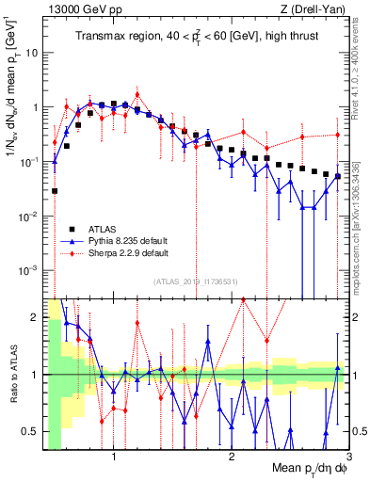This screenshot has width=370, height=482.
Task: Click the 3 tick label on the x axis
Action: pos(347,458)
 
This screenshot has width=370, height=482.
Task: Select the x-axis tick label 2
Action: pos(231,458)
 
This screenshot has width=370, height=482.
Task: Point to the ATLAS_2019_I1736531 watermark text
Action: pos(196,281)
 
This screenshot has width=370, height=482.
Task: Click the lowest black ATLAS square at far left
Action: pos(56,191)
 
